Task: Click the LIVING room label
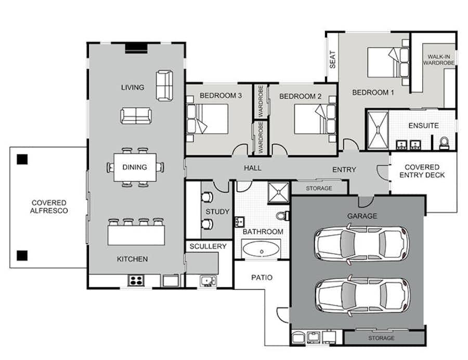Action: (133, 87)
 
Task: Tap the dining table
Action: (135, 167)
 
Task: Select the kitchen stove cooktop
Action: (136, 281)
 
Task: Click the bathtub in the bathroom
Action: (261, 249)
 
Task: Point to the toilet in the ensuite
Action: (444, 143)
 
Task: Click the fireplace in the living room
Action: (136, 48)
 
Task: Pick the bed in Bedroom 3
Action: (207, 119)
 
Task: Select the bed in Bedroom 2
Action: (315, 119)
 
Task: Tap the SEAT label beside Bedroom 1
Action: (332, 60)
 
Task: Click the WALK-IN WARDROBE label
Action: (439, 60)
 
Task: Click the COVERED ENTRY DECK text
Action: (422, 171)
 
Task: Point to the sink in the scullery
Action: (208, 281)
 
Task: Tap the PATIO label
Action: (262, 278)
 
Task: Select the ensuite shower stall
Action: (378, 130)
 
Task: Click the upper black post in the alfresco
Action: (22, 159)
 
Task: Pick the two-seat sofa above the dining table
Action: (136, 116)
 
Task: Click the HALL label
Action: (253, 168)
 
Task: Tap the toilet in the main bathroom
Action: (282, 216)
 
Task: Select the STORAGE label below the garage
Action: (381, 338)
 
